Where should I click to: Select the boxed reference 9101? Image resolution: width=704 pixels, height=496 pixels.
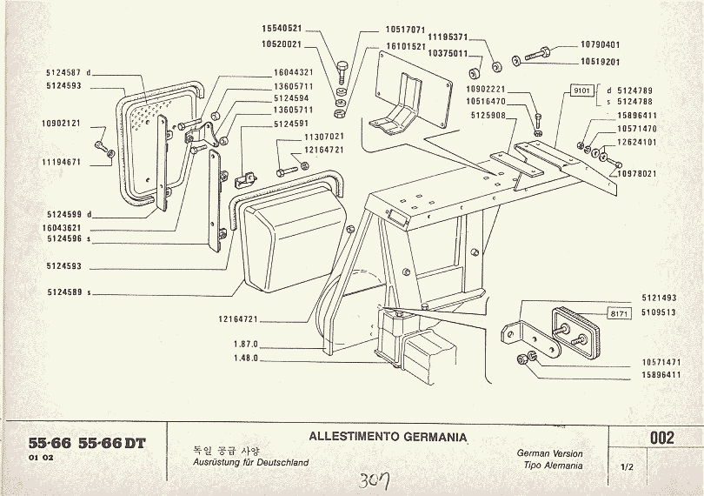[x=581, y=90]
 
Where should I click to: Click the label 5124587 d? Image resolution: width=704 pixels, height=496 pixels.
[x=69, y=72]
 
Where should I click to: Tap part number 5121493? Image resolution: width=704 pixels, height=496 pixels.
[x=660, y=298]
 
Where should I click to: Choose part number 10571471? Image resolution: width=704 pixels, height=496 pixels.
[x=660, y=361]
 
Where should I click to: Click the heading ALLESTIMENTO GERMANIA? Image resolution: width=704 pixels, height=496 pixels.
[x=388, y=437]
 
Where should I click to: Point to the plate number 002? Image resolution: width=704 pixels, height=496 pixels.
[x=661, y=439]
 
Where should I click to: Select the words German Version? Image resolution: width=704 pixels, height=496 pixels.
[x=549, y=453]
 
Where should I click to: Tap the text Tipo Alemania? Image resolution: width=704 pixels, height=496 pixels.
[x=553, y=466]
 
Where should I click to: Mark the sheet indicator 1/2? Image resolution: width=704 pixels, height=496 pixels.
[x=627, y=467]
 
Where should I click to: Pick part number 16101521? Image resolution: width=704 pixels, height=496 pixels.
[x=406, y=46]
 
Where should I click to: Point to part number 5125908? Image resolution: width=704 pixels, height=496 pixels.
[x=488, y=114]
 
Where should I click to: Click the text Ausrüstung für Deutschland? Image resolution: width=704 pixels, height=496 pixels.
[x=250, y=463]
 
